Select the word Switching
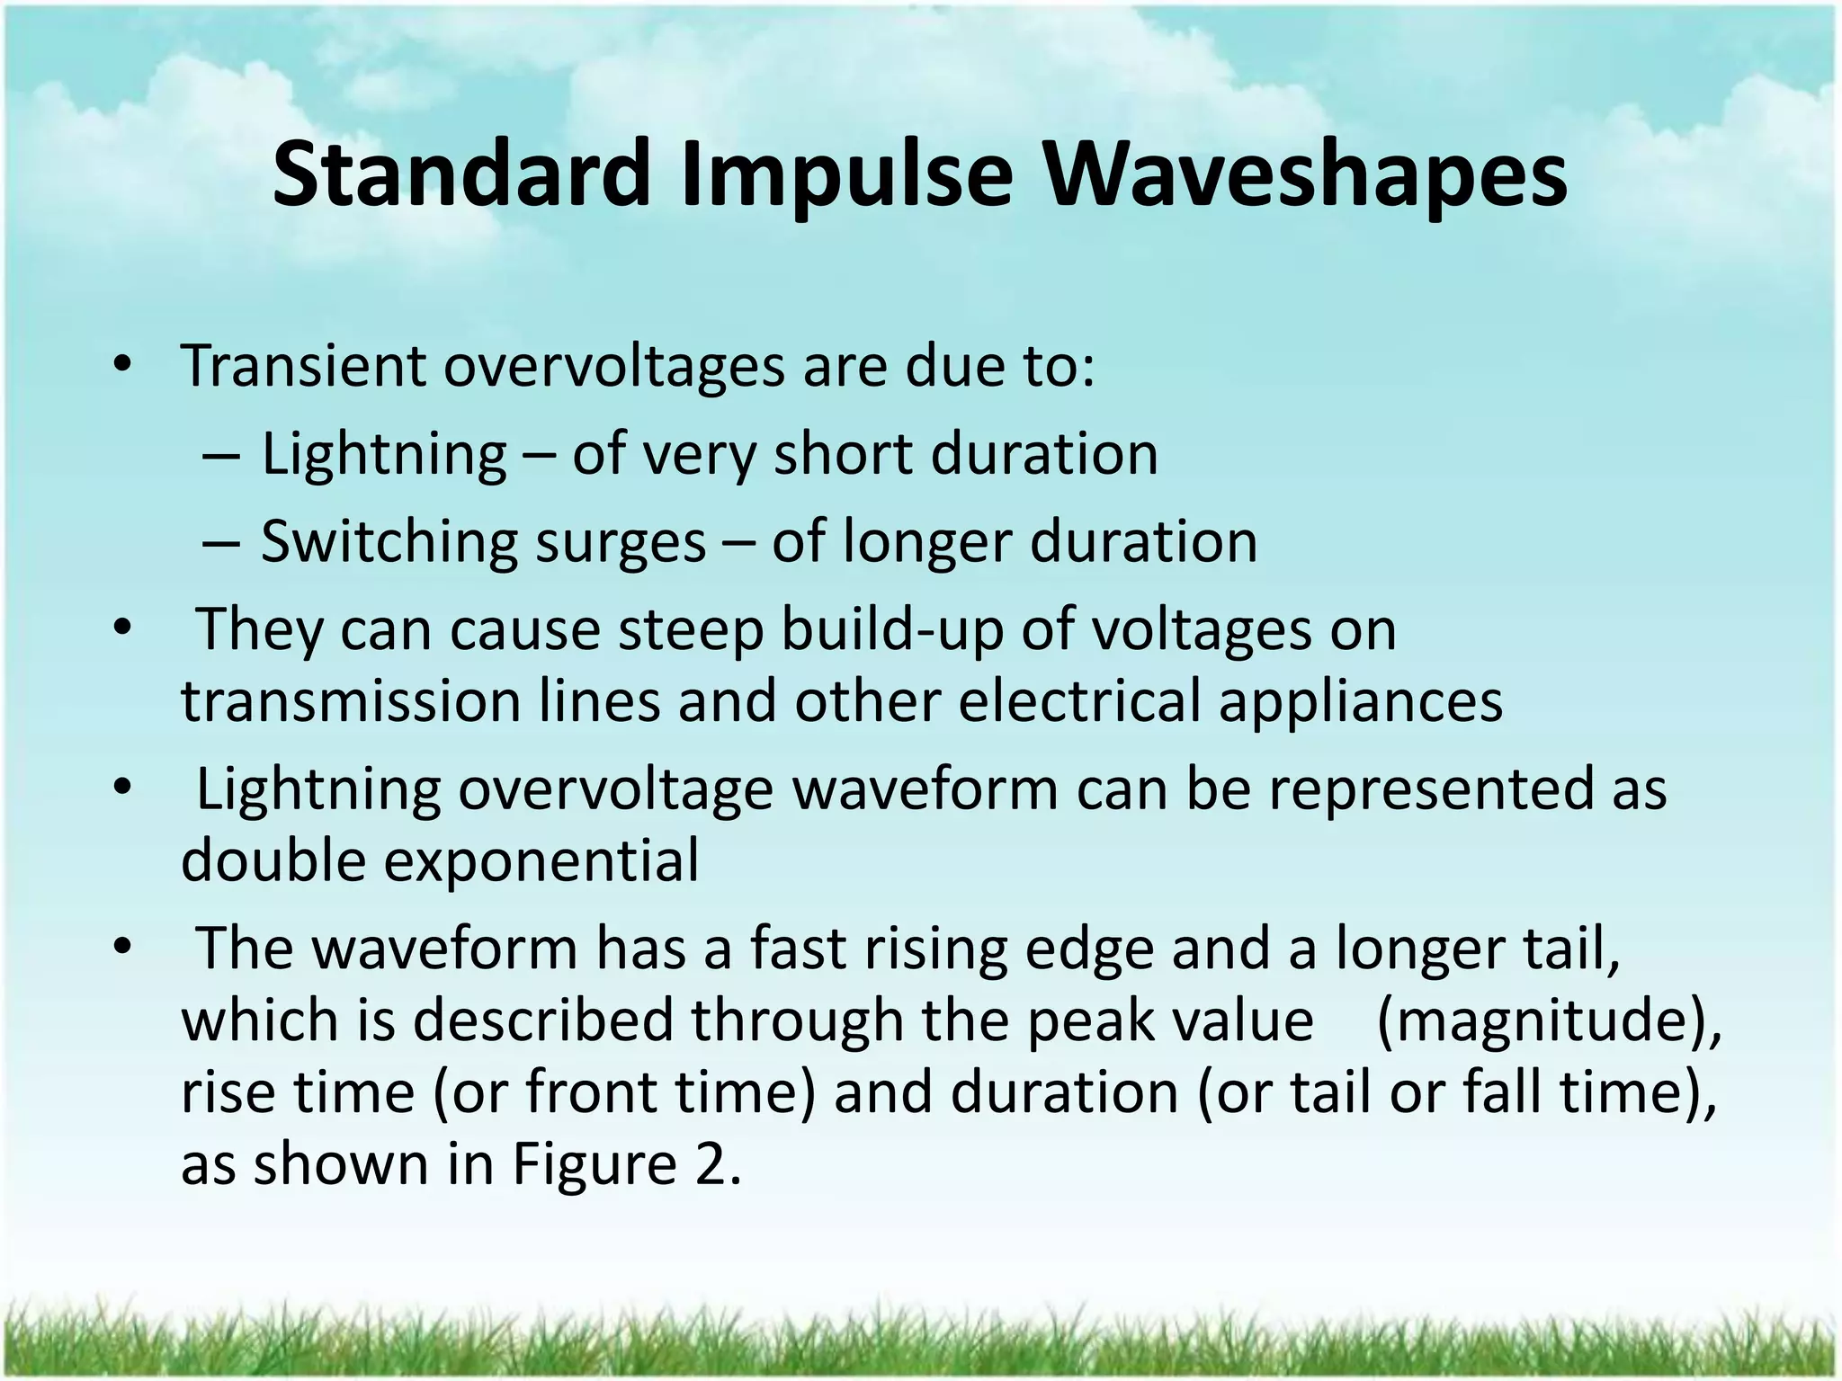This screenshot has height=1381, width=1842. pos(389,543)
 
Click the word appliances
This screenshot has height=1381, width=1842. pos(1360,700)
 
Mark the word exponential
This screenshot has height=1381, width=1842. pos(542,860)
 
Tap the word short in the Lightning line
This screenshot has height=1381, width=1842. pos(843,455)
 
